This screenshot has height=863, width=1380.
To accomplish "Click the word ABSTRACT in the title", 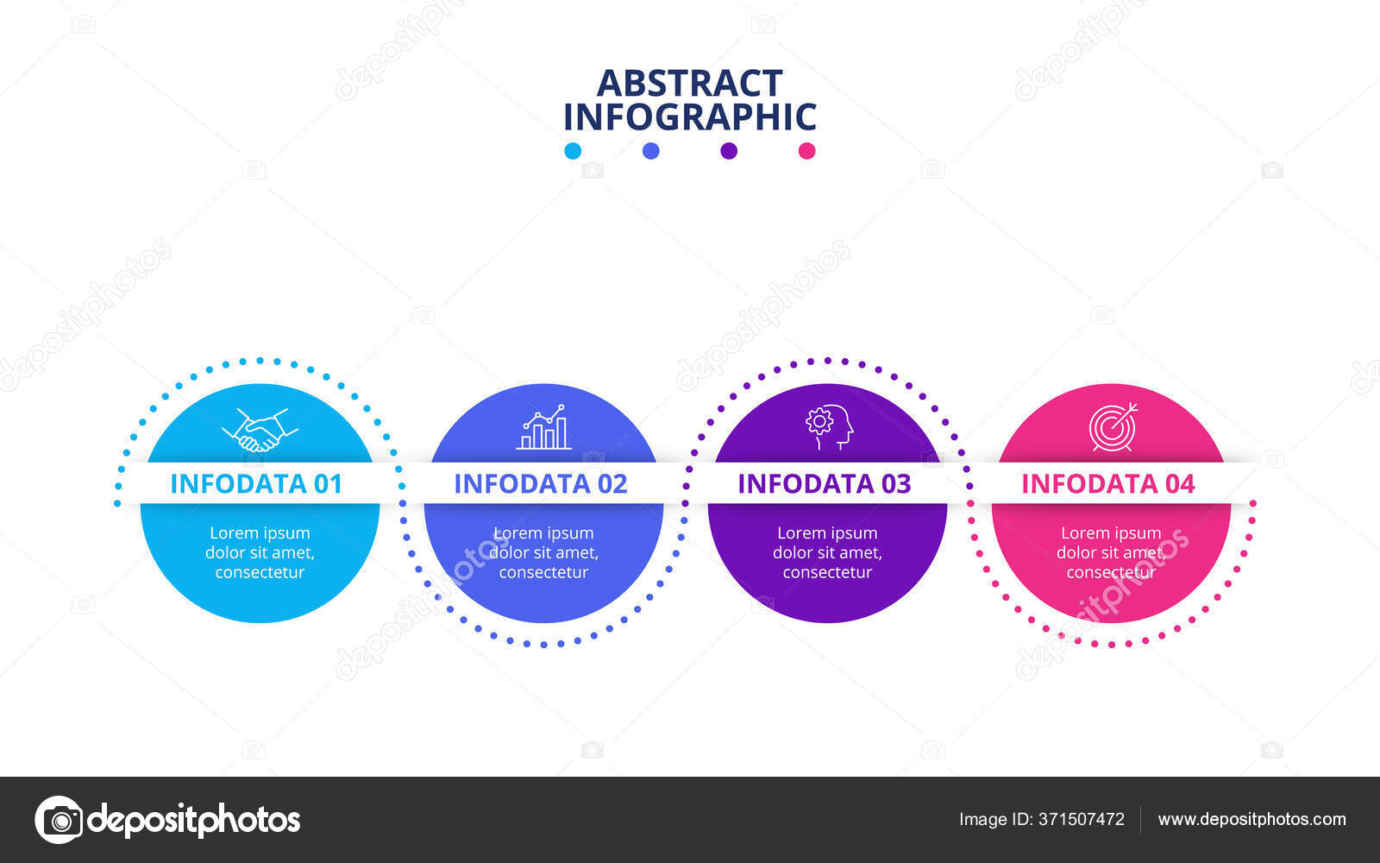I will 689,84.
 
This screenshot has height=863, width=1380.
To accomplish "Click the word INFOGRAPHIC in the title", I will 689,117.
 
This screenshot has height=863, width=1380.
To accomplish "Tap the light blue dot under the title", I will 573,151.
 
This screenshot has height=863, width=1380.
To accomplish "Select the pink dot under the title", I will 806,151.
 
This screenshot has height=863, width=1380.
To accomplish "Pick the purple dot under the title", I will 729,151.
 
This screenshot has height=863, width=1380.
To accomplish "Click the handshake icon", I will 260,430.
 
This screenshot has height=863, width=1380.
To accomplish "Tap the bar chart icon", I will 543,428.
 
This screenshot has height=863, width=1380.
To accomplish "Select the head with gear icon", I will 829,427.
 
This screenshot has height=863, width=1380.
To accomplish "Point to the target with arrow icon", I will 1113,426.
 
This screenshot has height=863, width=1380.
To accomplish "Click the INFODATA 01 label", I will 256,484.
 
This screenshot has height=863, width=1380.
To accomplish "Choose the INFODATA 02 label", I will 541,484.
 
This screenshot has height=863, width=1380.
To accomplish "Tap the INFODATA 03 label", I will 824,484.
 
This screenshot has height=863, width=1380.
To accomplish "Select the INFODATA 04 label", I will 1107,484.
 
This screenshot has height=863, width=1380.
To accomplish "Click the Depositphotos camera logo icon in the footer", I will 59,819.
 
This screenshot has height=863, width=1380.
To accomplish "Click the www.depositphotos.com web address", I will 1251,820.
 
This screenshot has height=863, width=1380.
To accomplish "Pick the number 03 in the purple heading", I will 895,484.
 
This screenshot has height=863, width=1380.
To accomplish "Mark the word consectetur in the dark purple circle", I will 827,572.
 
